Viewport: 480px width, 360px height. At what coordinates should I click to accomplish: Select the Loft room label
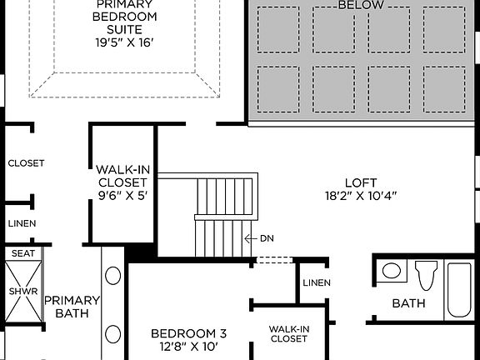(x=361, y=182)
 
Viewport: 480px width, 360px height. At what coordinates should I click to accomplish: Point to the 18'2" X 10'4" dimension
(x=361, y=197)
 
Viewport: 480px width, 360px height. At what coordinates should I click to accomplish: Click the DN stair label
(x=267, y=238)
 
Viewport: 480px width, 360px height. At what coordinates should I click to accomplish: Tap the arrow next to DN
(x=248, y=238)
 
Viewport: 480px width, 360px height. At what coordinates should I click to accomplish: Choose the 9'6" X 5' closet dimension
(x=122, y=197)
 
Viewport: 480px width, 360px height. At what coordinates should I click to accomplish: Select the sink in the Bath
(x=391, y=272)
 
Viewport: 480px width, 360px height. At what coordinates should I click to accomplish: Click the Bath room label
(x=409, y=303)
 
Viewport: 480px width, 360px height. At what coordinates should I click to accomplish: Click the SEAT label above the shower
(x=22, y=252)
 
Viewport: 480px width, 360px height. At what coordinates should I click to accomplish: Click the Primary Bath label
(x=72, y=307)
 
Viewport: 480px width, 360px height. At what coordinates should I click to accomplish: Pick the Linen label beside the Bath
(x=317, y=282)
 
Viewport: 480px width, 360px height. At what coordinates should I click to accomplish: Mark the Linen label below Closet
(x=22, y=223)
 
